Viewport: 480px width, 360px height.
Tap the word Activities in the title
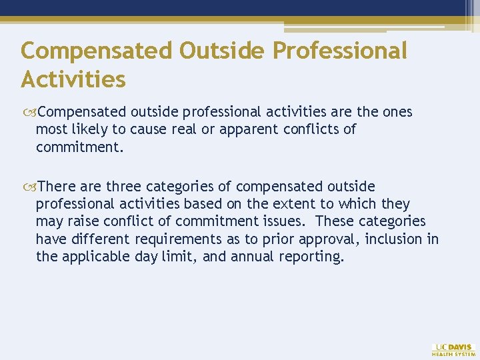coord(73,79)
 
